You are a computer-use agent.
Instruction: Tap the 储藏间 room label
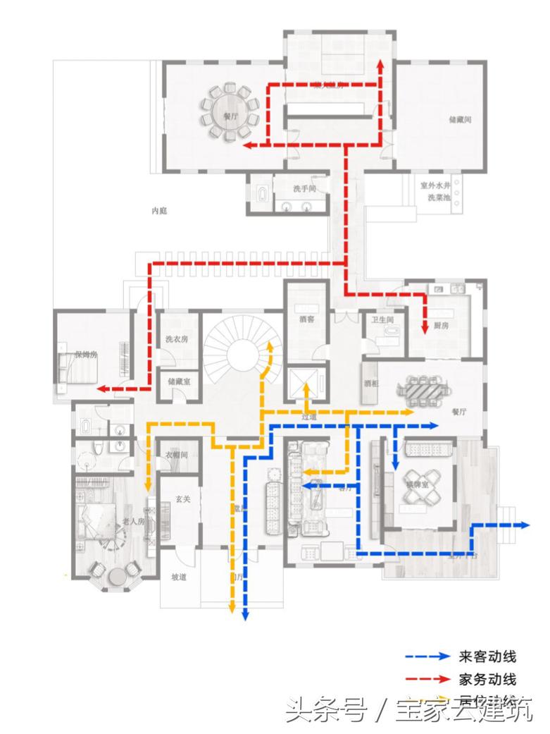(460, 120)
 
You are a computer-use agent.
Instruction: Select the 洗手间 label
(304, 189)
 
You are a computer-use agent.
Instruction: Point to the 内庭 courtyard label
(160, 210)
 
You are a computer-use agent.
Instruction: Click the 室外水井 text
(435, 186)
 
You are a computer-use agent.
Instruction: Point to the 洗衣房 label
(177, 339)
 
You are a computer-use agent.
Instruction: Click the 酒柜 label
(372, 384)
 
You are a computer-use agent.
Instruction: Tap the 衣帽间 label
(176, 455)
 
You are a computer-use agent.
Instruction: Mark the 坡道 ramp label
(180, 577)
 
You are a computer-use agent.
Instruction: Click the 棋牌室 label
(417, 485)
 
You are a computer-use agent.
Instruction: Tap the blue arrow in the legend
(427, 656)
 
